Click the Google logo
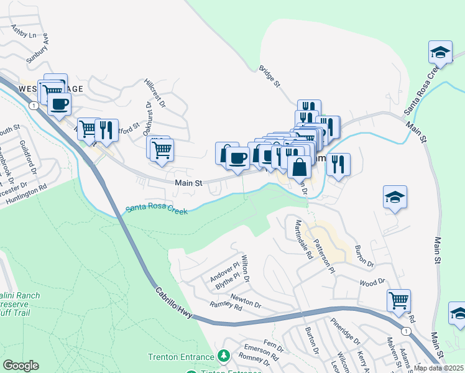click(x=21, y=366)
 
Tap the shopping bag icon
click(x=300, y=167)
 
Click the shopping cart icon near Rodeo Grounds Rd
click(x=398, y=300)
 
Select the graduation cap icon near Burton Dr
click(x=395, y=197)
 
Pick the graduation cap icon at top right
click(x=440, y=52)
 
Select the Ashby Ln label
click(x=24, y=32)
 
